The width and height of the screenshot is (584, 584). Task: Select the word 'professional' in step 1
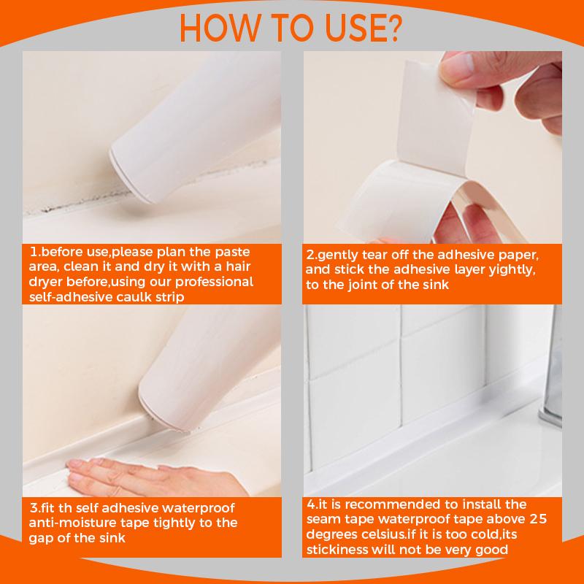214,283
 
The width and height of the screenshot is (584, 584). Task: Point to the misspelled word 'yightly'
512,270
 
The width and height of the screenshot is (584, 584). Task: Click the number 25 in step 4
538,519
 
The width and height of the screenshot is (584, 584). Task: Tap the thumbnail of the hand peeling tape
432,147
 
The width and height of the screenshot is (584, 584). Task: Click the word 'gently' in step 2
338,255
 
